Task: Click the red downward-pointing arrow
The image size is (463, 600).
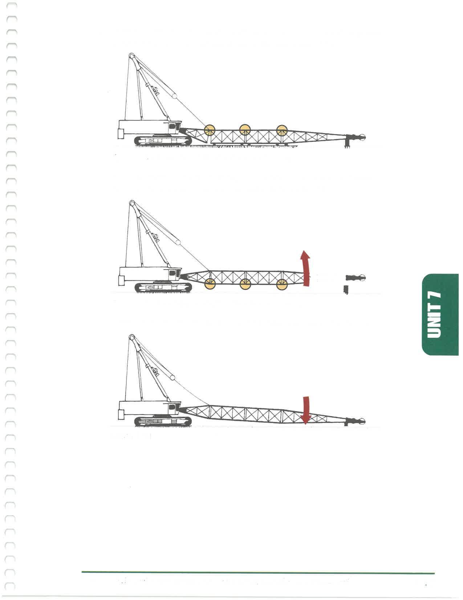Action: click(306, 410)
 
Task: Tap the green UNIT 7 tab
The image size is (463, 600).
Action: click(440, 315)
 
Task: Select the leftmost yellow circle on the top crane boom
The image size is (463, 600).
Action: click(210, 130)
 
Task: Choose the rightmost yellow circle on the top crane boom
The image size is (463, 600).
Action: click(282, 130)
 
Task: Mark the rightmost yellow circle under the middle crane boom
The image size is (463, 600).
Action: click(282, 284)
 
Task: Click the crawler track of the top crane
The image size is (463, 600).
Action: click(163, 141)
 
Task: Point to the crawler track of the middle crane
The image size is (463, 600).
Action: click(163, 287)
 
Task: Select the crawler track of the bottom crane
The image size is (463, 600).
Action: click(163, 421)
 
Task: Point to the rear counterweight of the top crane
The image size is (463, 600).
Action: click(121, 134)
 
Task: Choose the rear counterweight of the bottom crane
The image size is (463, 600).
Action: click(121, 415)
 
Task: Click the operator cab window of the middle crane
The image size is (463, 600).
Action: click(172, 273)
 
